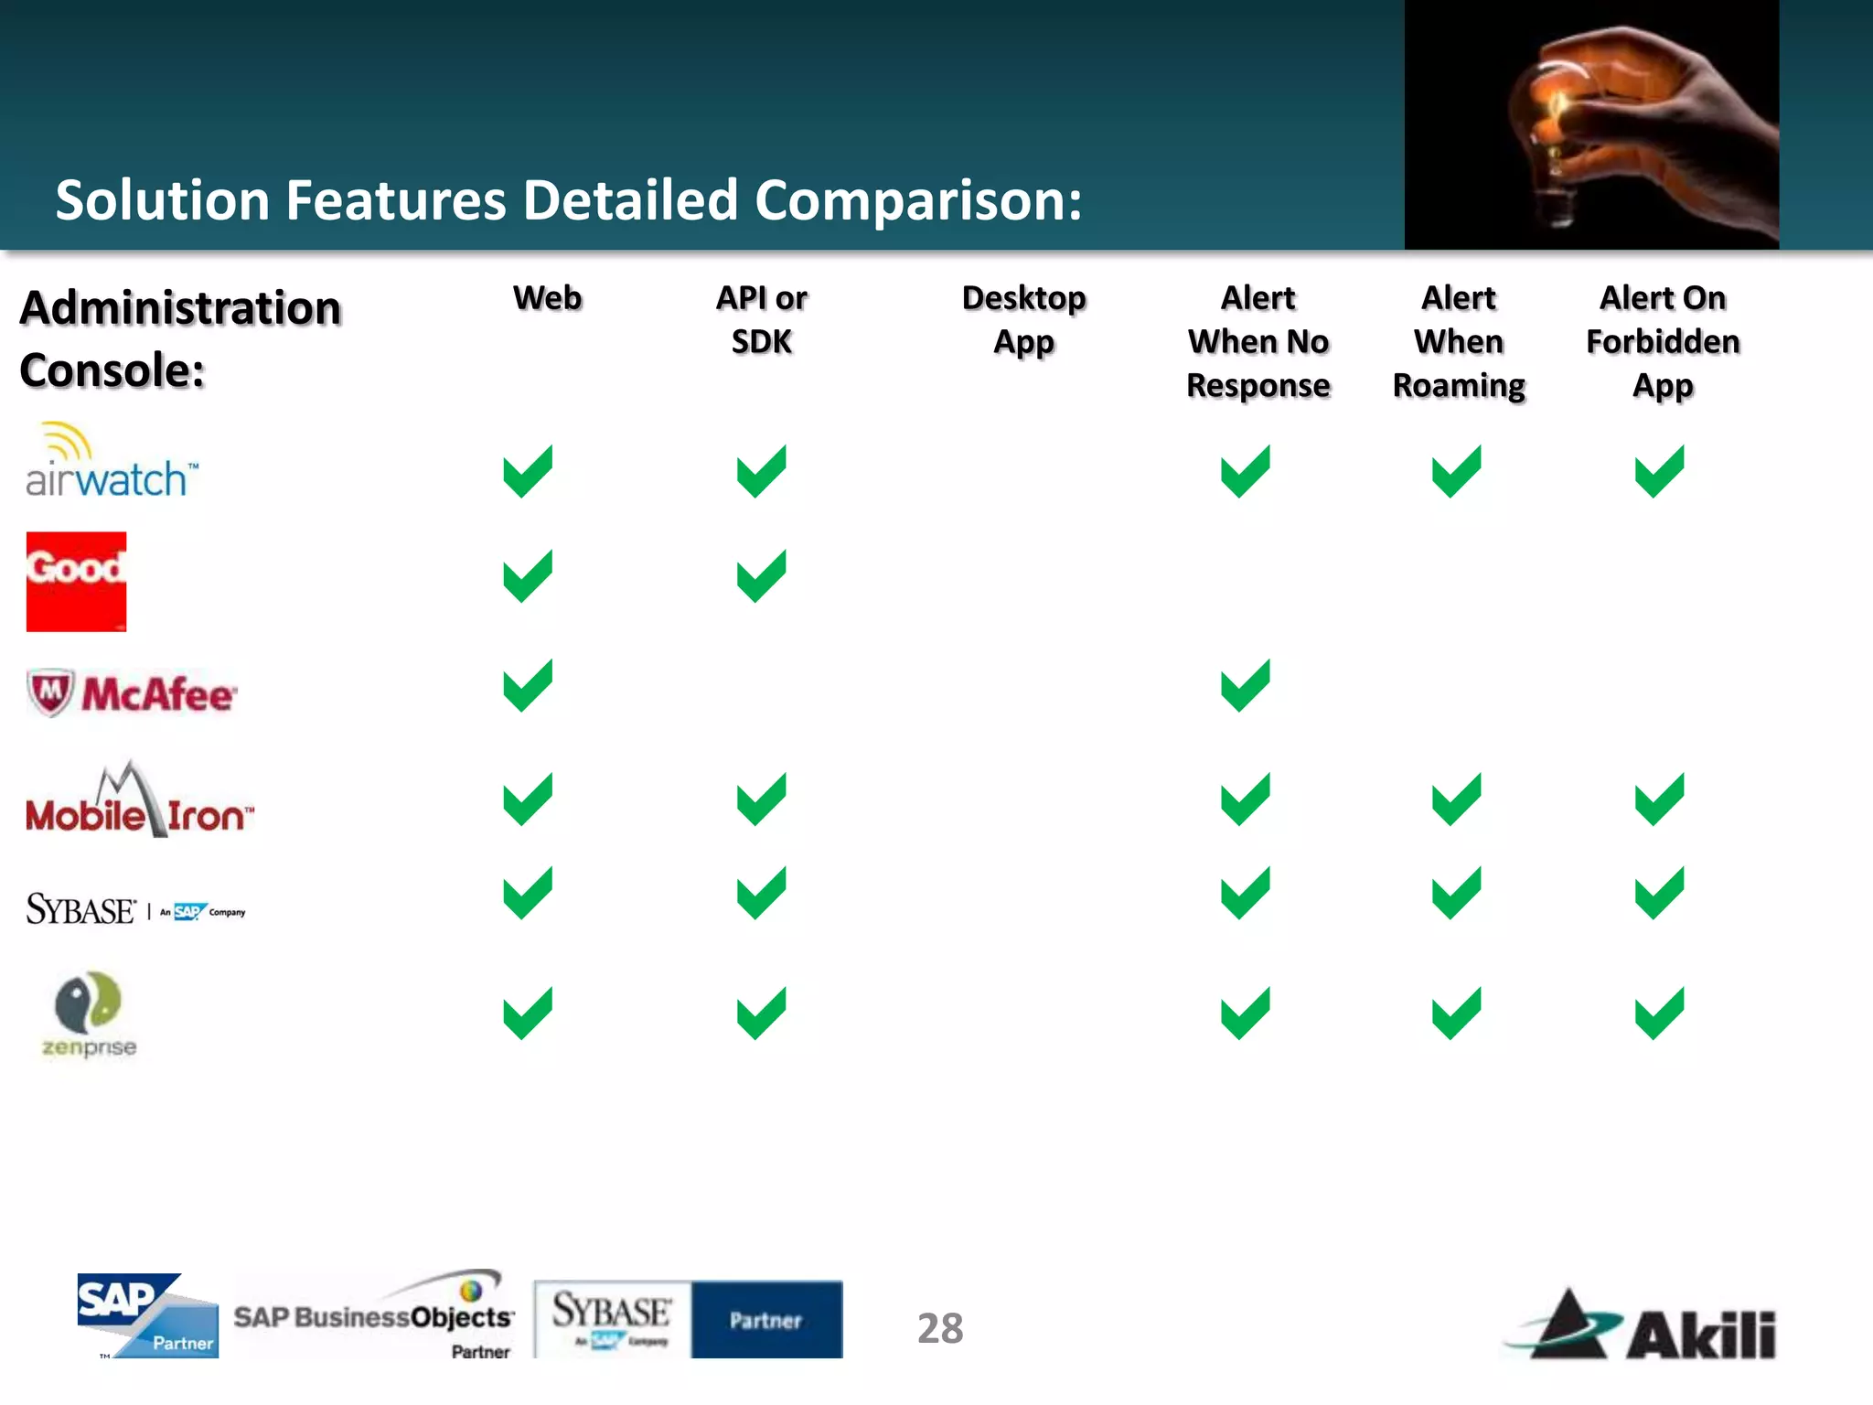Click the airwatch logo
click(x=111, y=462)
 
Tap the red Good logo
click(x=76, y=582)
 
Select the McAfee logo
click(x=132, y=693)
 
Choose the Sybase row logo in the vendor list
click(x=135, y=909)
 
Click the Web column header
click(x=547, y=298)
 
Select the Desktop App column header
click(x=1023, y=320)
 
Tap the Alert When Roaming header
click(x=1459, y=342)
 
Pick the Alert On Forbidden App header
click(x=1663, y=342)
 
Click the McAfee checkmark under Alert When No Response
click(x=1245, y=686)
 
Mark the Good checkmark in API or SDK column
click(x=761, y=576)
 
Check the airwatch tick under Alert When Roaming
click(x=1456, y=472)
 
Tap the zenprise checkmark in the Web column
click(x=528, y=1014)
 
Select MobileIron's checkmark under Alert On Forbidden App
click(x=1659, y=799)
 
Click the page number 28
click(x=940, y=1328)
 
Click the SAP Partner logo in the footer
click(x=147, y=1315)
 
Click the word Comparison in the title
click(x=917, y=200)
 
